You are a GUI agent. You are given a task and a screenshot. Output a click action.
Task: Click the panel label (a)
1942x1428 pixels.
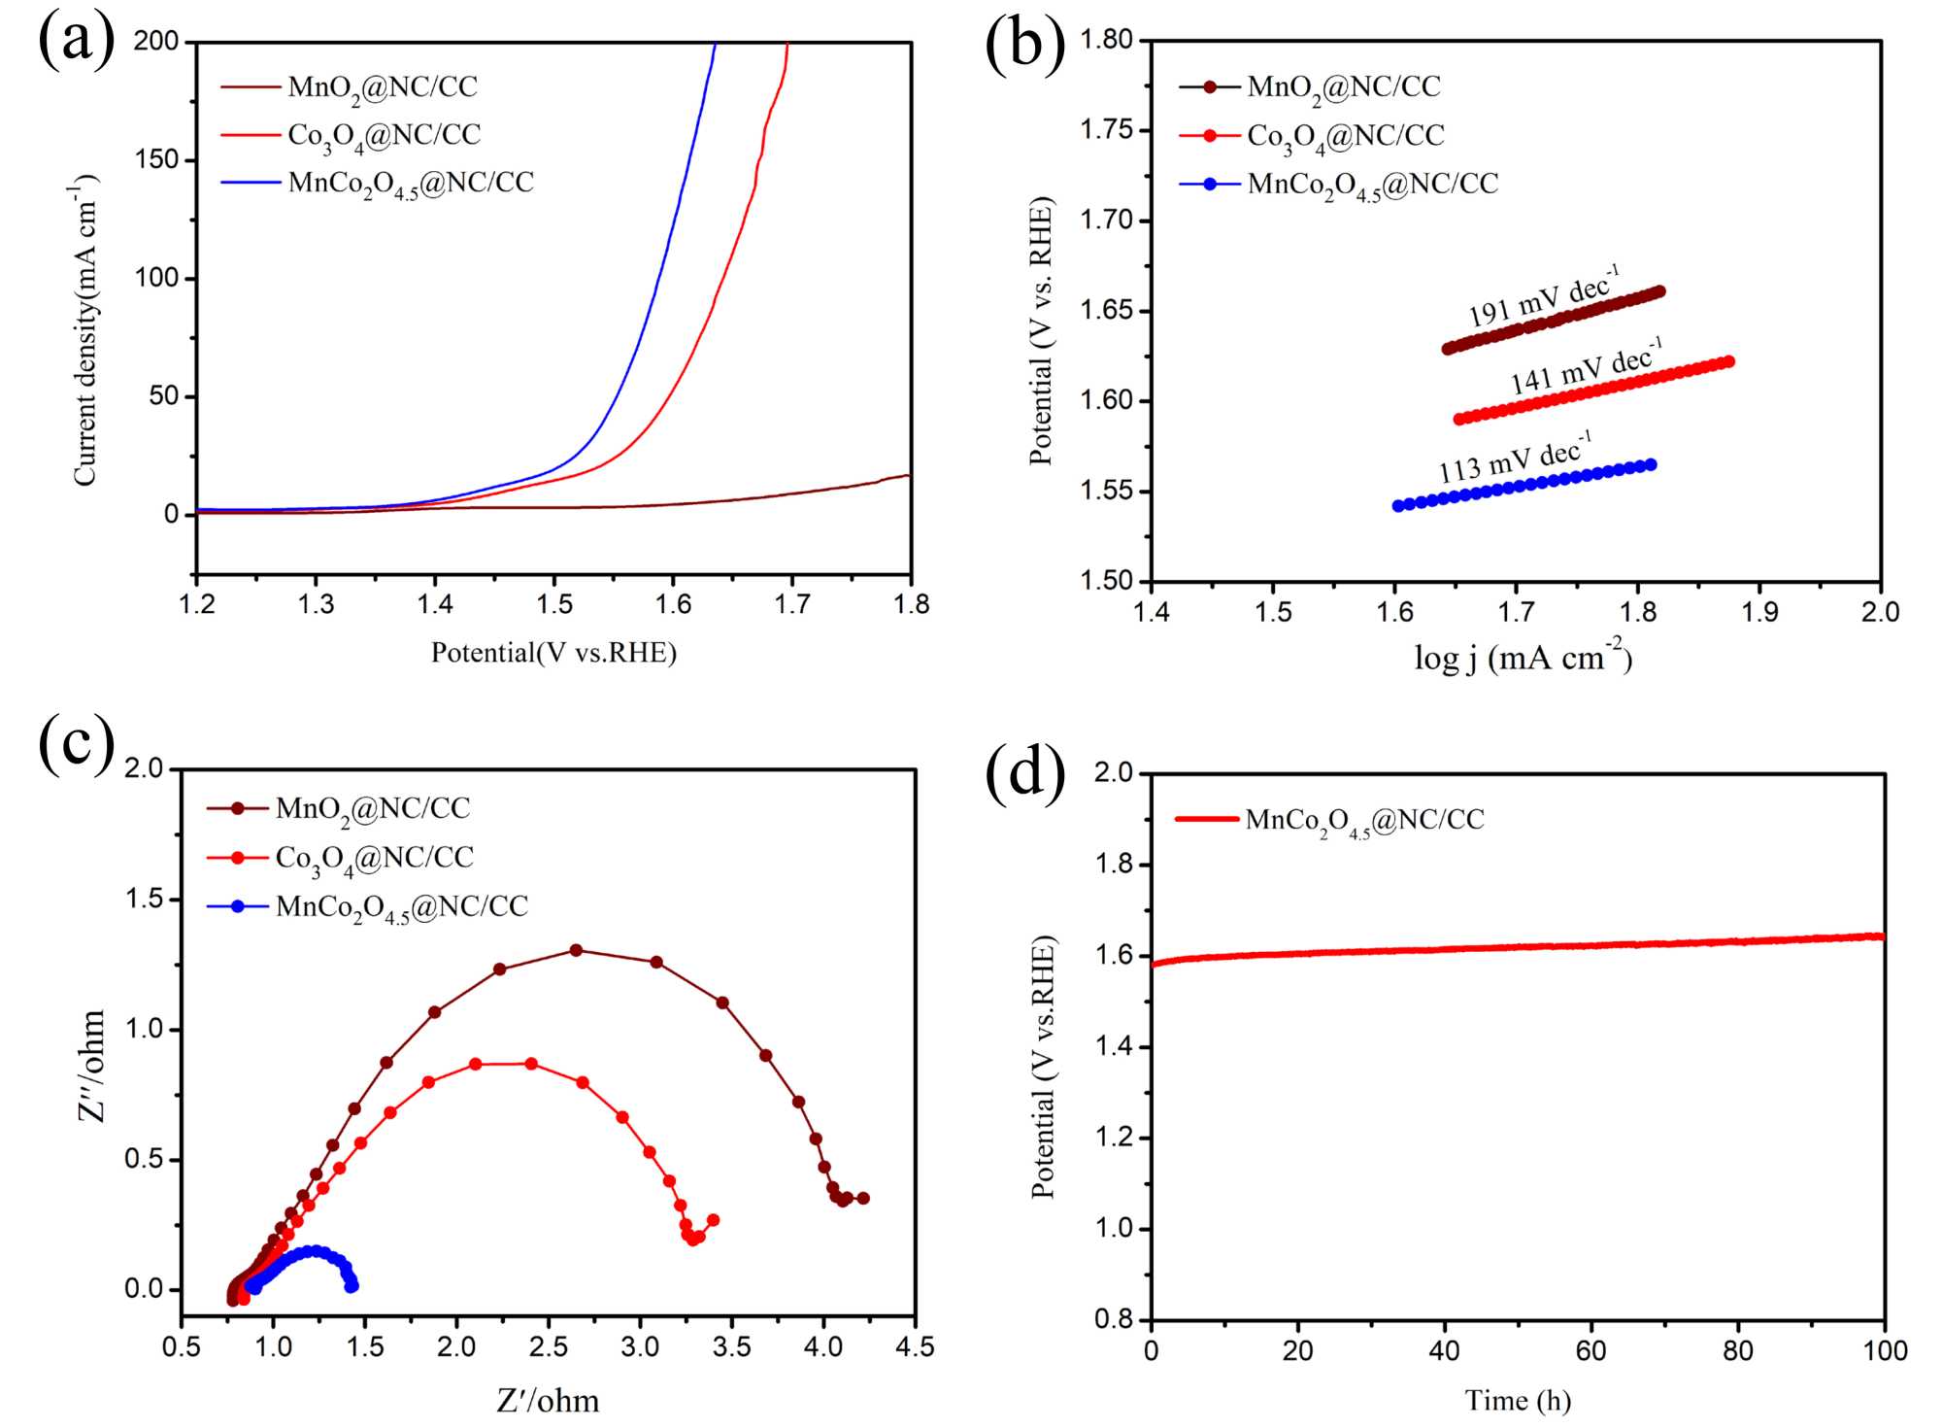[76, 41]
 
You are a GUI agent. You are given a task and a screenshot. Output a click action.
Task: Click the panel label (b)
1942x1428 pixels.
[1024, 45]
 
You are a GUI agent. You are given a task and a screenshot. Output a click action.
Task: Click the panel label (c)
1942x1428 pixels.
[76, 744]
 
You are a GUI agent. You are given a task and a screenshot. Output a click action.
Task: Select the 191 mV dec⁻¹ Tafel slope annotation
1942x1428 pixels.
[1544, 297]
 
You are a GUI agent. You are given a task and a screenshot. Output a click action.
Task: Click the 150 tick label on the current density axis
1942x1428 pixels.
[157, 159]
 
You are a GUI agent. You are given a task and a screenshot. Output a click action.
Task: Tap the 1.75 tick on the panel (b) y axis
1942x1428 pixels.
[1107, 130]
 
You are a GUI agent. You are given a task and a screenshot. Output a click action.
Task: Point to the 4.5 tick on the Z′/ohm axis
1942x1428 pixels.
[914, 1347]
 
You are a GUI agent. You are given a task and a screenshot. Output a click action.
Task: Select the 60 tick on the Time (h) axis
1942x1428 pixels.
[1590, 1350]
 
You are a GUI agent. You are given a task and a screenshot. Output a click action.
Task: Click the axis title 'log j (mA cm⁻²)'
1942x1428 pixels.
[1523, 659]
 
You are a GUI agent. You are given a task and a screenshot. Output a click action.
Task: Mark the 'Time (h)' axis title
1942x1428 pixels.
[1518, 1401]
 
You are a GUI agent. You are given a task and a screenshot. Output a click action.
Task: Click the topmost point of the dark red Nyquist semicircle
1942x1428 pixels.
[576, 950]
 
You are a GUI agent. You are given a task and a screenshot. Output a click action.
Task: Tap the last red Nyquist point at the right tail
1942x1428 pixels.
[714, 1220]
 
